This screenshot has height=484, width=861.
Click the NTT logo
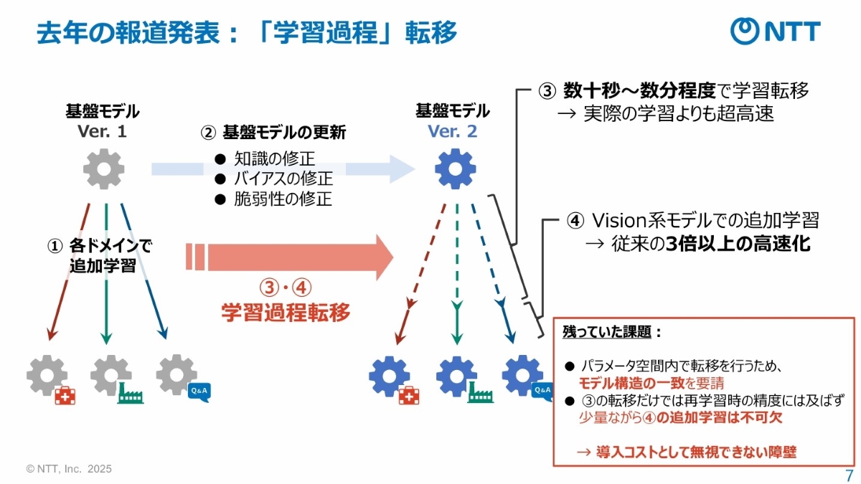775,32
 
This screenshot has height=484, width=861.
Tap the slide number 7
849,475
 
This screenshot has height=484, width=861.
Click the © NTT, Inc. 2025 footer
69,469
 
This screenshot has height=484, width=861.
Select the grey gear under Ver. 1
103,169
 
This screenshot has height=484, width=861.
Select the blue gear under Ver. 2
455,169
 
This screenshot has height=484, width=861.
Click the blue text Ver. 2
452,132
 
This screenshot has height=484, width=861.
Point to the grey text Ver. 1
102,132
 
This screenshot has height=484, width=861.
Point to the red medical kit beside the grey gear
65,393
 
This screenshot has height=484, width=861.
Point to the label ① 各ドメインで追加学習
100,256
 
